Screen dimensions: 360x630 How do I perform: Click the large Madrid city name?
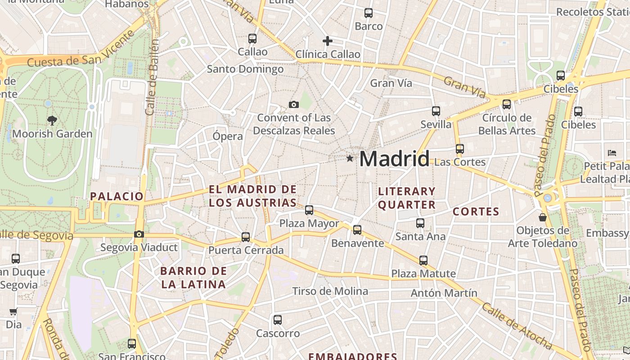click(x=394, y=159)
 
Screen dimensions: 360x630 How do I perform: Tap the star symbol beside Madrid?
click(x=350, y=158)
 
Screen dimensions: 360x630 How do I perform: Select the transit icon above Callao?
click(x=252, y=39)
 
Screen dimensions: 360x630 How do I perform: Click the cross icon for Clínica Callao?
click(x=328, y=41)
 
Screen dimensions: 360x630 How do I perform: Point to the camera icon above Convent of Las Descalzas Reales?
click(x=293, y=105)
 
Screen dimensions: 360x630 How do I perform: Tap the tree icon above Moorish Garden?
click(x=52, y=120)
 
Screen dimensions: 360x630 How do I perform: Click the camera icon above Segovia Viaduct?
click(x=139, y=234)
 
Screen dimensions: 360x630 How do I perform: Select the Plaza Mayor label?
click(x=309, y=223)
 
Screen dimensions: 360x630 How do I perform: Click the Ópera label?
click(x=228, y=136)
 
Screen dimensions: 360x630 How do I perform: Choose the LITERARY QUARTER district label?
click(x=407, y=198)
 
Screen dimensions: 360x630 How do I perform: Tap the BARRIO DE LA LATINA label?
click(x=193, y=278)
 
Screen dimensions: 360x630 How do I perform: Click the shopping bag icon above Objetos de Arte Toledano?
click(x=543, y=217)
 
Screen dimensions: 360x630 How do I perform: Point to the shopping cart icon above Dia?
click(x=13, y=311)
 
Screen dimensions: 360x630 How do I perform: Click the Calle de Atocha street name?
click(x=517, y=326)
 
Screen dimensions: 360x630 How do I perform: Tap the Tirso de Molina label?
click(x=330, y=291)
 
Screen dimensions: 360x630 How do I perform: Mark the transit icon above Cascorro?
click(x=278, y=320)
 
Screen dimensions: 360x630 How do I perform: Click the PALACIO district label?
click(x=117, y=196)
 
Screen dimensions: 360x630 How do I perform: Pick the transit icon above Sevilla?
click(x=436, y=111)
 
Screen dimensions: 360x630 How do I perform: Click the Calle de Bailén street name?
click(x=153, y=77)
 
